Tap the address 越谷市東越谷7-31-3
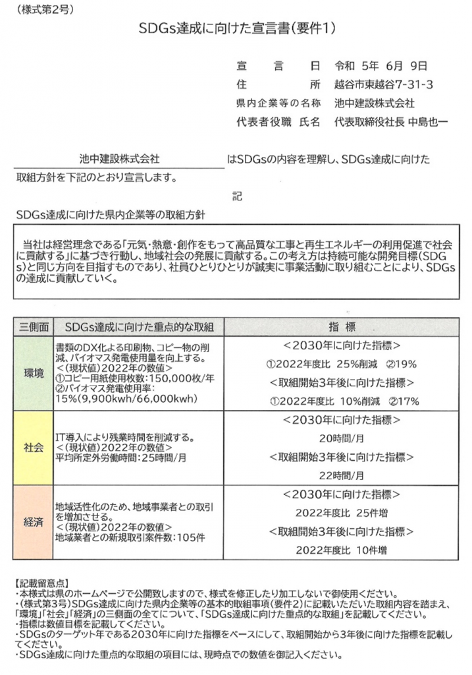(x=382, y=85)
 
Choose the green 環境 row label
(x=31, y=374)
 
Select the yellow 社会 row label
(x=31, y=448)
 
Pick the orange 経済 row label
(x=31, y=521)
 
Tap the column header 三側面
(x=31, y=327)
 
